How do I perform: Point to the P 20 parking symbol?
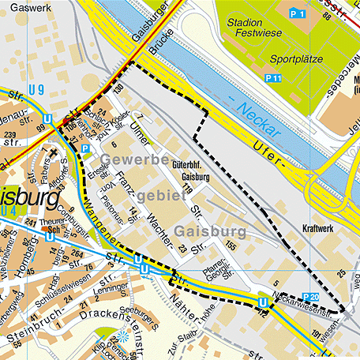click(x=311, y=297)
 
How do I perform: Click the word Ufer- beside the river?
click(x=269, y=154)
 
